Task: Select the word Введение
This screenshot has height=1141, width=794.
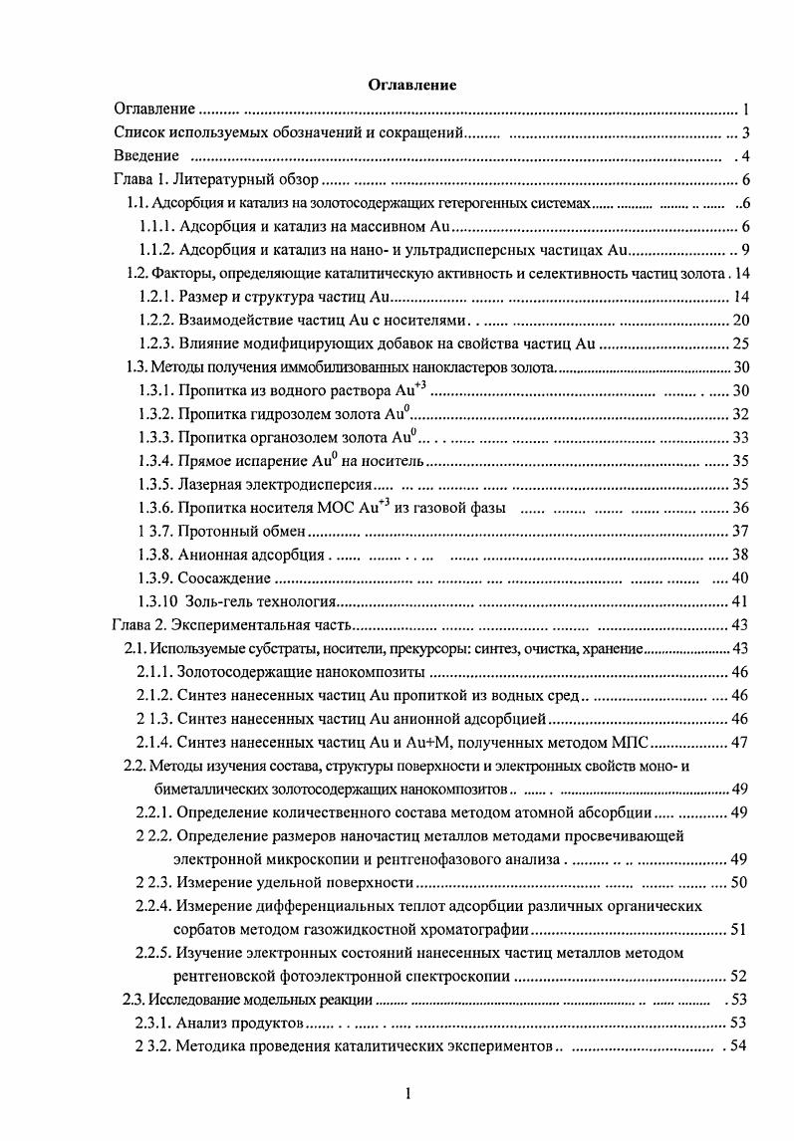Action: [x=146, y=155]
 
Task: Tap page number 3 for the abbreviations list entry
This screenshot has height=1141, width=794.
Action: [x=743, y=132]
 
